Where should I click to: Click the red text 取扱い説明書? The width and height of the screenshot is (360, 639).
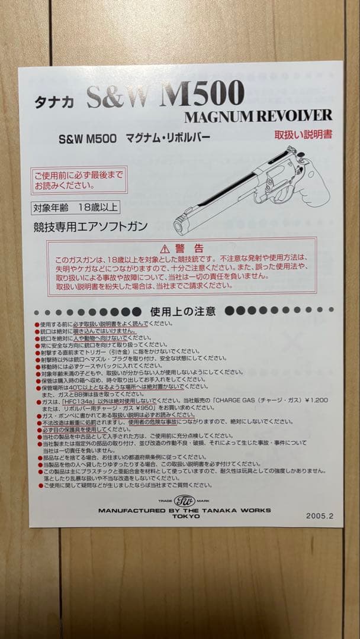coord(303,134)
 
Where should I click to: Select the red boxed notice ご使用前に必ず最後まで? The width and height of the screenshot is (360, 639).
coord(79,180)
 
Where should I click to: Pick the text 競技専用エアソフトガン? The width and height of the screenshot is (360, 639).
coord(91,226)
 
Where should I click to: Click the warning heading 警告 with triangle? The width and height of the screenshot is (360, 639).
coord(181,248)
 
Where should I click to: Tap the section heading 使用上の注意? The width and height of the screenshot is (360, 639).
coord(183,311)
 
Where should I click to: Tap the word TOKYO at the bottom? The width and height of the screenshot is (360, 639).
coord(184,516)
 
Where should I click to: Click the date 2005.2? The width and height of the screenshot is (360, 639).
coord(320,515)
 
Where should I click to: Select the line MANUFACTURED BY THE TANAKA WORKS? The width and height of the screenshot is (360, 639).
coord(184,509)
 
